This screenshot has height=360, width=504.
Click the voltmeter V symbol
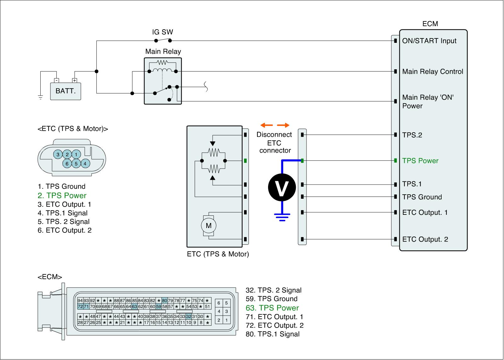point(282,187)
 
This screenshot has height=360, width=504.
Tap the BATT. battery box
point(66,91)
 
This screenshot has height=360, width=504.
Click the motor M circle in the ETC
point(209,226)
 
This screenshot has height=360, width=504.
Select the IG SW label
point(163,32)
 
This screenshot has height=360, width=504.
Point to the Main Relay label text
point(163,52)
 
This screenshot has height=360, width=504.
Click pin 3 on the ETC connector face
point(58,154)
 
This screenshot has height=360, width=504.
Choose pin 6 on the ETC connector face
point(67,163)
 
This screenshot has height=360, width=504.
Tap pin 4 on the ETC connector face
point(85,163)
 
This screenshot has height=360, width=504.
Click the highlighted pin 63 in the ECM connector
point(134,306)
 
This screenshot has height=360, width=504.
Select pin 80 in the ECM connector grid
point(164,300)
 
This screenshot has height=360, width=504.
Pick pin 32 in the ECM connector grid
point(189,316)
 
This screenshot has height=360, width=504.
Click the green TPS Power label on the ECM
point(420,161)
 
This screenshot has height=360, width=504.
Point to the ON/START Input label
point(429,41)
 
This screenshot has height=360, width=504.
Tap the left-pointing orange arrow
point(266,125)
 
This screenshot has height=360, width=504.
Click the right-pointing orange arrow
point(283,125)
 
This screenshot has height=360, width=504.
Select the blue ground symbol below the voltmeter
point(282,217)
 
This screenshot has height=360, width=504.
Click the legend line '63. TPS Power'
point(272,308)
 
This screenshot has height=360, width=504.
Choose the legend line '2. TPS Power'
point(62,196)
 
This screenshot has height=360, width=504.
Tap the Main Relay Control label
point(433,71)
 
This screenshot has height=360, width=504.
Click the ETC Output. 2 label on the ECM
point(425,239)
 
